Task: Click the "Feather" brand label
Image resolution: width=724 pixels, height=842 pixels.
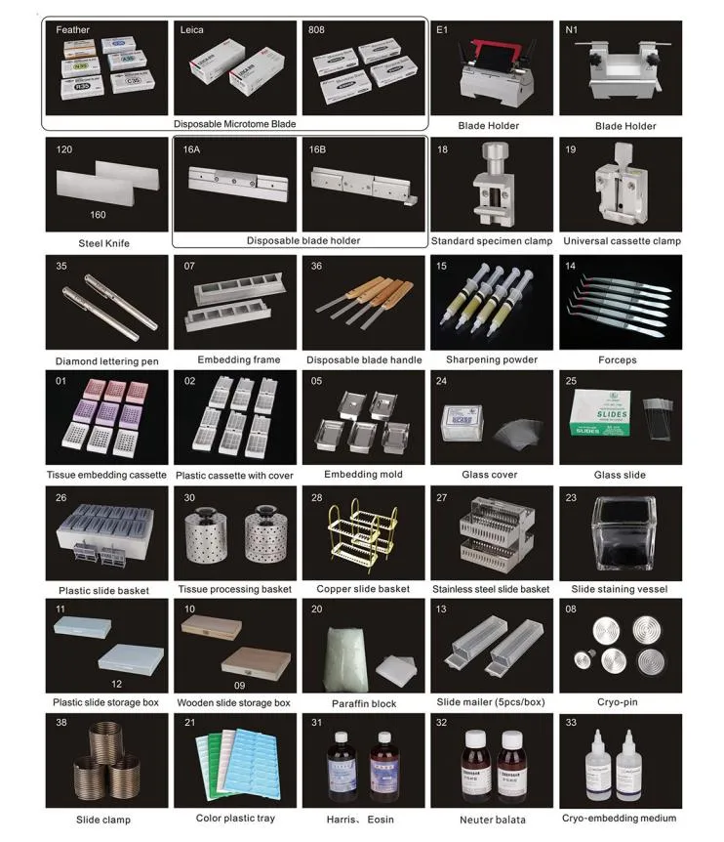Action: pos(73,30)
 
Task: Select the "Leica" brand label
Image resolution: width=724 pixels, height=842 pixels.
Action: pos(192,30)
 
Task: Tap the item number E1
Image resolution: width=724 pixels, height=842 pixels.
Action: pos(443,30)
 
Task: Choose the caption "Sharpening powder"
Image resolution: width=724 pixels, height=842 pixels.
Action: pos(493,359)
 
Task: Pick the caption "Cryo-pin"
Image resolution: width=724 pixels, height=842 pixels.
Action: pos(619,702)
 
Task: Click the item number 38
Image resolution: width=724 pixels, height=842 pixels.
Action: pos(63,724)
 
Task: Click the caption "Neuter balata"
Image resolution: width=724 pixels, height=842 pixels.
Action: pos(493,819)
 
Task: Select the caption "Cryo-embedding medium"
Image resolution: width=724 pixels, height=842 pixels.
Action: pos(619,818)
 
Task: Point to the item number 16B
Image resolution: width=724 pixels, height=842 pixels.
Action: pos(317,149)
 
